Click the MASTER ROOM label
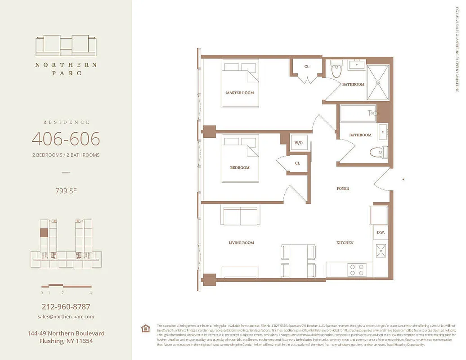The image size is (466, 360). pos(239,93)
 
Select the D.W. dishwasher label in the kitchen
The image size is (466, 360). pos(380,232)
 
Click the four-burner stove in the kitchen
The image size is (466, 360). pos(358,269)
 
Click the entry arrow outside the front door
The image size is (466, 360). pos(403,180)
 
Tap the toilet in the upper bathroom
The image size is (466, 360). pos(336,70)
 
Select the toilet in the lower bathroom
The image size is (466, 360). pos(378,152)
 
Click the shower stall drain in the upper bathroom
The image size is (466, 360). pos(378,82)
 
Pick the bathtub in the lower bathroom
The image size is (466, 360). pos(358,113)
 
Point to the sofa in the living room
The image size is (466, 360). pos(239,216)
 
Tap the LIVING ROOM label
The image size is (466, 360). pos(241,243)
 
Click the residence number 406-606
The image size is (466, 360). pos(66,139)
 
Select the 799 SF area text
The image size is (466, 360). pos(66,190)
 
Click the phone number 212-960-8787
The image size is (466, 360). pos(66,307)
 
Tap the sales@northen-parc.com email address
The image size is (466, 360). pos(66,316)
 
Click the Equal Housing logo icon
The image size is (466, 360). pos(145,328)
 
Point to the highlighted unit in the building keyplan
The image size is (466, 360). pos(44,233)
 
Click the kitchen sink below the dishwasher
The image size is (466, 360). pos(380,251)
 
